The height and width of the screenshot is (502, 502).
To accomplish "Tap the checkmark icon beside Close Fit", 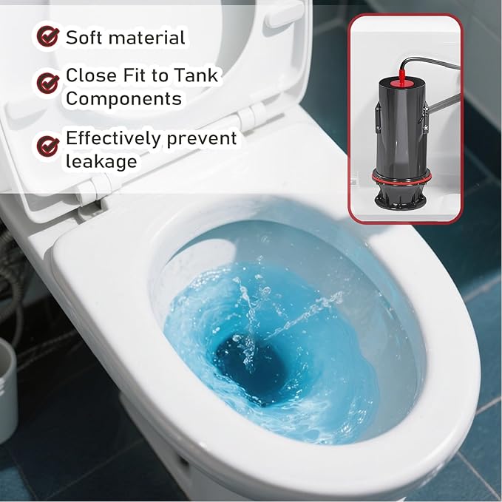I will pyautogui.click(x=48, y=83).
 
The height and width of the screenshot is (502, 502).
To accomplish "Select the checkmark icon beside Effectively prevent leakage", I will pyautogui.click(x=48, y=146).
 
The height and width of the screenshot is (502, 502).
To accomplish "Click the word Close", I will pyautogui.click(x=92, y=75).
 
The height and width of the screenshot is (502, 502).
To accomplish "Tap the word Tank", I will pyautogui.click(x=197, y=75).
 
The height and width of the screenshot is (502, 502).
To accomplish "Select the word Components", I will pyautogui.click(x=124, y=99).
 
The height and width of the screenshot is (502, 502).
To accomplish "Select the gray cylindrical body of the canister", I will pyautogui.click(x=399, y=126).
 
